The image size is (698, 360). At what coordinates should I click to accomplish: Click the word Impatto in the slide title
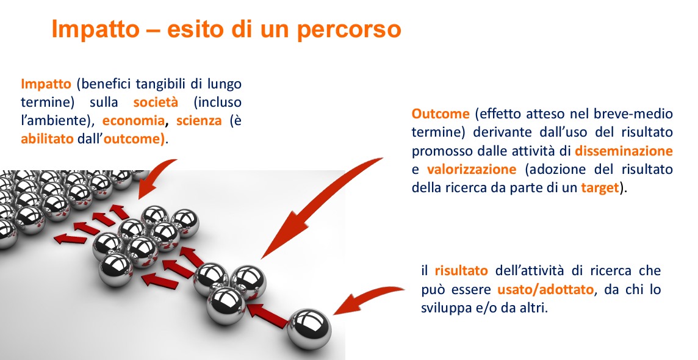(95, 30)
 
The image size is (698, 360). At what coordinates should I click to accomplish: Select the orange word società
(156, 102)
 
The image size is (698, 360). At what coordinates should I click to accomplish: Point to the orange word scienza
(199, 121)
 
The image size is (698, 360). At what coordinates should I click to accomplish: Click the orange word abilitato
(47, 139)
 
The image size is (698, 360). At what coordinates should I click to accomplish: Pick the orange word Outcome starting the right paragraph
(441, 114)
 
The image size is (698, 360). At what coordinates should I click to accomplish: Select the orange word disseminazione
(624, 151)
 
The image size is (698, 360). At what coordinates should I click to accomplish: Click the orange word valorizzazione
(472, 170)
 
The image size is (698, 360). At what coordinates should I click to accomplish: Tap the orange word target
(600, 188)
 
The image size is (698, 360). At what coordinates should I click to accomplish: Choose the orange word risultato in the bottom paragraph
(461, 270)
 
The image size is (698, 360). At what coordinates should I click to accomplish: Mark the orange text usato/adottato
(545, 290)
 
